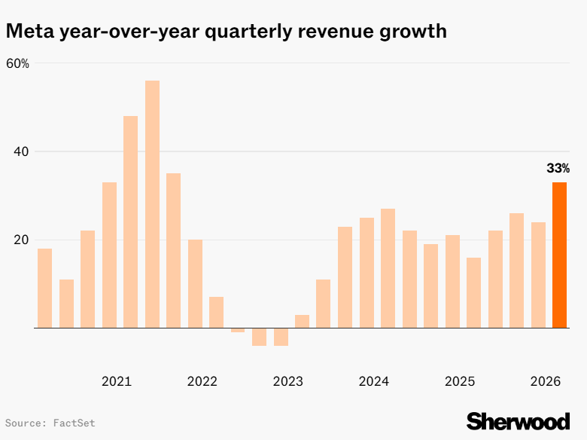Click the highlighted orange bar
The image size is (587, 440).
coord(559,255)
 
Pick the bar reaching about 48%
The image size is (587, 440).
coord(130,222)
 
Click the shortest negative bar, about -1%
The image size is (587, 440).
coord(238,330)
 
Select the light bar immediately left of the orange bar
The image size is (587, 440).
coord(538,275)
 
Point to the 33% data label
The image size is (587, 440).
coord(558,168)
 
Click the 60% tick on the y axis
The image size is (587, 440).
coord(17,63)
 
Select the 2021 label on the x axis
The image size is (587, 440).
coord(116,381)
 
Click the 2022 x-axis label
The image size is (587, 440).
coord(202,381)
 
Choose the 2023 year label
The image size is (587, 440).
coord(287,381)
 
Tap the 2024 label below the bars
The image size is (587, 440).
coord(373,381)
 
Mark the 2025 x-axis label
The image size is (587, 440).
coord(459,381)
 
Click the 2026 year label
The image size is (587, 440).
coord(545,381)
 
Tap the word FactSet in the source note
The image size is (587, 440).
coord(74,423)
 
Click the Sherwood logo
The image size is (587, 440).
coord(518,420)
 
